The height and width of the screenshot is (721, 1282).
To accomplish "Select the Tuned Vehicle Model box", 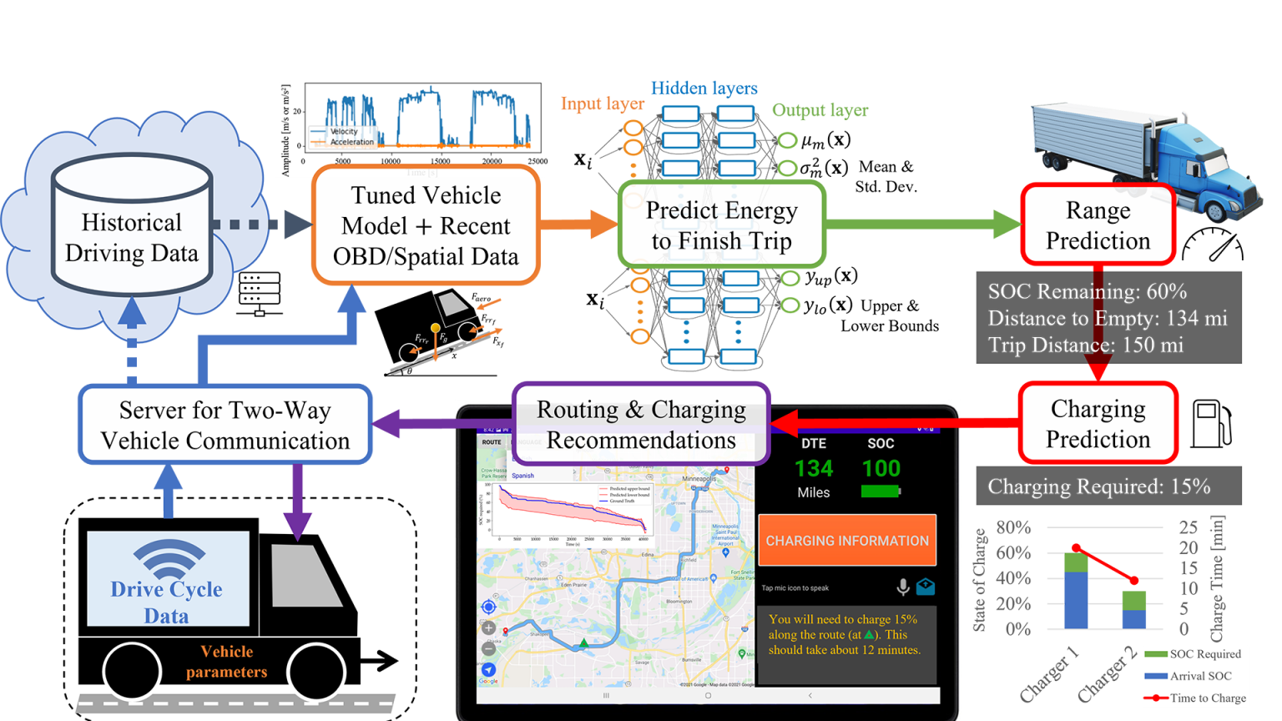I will point(426,225).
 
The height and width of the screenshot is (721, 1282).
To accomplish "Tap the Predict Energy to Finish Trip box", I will point(721,225).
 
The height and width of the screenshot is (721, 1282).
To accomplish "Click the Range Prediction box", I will point(1098,225).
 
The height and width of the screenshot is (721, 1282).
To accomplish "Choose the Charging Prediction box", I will point(1098,423).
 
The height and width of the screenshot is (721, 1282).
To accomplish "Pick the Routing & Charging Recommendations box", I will point(640,424).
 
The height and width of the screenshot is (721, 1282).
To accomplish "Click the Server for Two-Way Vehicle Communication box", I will point(225,425).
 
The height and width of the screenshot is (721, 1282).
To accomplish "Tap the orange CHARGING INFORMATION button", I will point(847,541).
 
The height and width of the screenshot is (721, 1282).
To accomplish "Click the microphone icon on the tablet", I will point(902,587).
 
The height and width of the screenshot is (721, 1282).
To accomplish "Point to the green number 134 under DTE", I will point(814,469).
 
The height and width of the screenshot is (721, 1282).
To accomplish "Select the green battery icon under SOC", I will point(881,492).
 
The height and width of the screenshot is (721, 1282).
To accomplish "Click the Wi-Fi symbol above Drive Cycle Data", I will point(169,557).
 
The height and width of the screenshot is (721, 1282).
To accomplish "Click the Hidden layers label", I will point(704,88).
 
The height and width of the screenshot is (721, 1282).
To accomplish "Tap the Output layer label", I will point(820,110).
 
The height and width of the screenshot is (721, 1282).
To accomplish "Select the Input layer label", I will point(602,103).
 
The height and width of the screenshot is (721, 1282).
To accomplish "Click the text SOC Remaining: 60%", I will point(1087,291).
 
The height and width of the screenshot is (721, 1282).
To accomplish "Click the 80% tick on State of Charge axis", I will point(1013,527).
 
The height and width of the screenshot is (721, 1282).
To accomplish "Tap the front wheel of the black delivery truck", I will point(316,671).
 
